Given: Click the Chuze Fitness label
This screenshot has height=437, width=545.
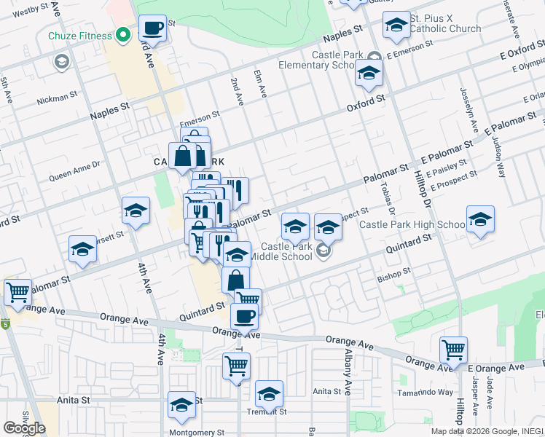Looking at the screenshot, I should [x=79, y=36].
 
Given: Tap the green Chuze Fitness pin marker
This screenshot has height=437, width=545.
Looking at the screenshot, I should [x=124, y=35].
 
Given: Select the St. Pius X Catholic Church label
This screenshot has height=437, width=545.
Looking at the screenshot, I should [x=444, y=23].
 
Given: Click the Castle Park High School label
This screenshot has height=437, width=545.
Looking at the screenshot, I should [x=412, y=224].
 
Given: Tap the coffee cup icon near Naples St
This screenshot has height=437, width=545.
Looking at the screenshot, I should [x=152, y=29].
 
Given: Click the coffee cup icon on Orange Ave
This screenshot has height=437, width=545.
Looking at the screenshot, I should [x=244, y=317].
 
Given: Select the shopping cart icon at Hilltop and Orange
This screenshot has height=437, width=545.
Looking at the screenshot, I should [x=453, y=351].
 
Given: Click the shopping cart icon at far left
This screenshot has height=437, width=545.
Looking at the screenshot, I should [x=17, y=293].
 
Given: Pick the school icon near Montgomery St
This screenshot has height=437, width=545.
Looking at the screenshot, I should [x=181, y=406].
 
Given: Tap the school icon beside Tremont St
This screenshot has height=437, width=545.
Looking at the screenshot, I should [x=269, y=395].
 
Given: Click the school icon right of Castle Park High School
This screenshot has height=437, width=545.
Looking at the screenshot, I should [x=480, y=220].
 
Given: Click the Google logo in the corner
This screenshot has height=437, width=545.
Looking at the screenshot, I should [x=24, y=428].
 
